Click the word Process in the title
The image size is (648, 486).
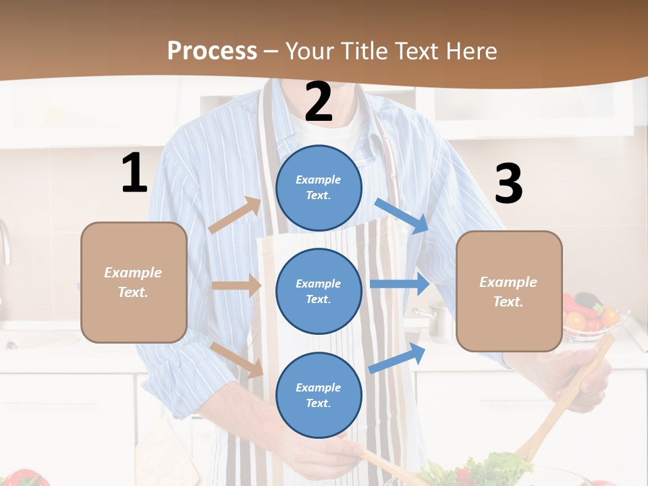click(x=212, y=51)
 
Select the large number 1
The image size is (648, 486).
click(x=134, y=173)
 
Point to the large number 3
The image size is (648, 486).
click(x=508, y=184)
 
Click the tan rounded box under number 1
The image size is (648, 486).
click(x=134, y=282)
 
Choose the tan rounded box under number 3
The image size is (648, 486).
click(x=509, y=291)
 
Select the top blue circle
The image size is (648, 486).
click(x=319, y=188)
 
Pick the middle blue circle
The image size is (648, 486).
click(x=319, y=291)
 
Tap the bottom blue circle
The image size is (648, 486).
click(x=319, y=395)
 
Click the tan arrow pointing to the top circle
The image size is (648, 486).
click(x=235, y=215)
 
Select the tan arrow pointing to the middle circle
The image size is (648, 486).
click(x=236, y=286)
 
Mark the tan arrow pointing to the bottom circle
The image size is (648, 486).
click(x=237, y=359)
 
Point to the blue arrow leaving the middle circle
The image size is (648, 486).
click(x=400, y=284)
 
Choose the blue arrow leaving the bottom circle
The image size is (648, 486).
click(x=398, y=358)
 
